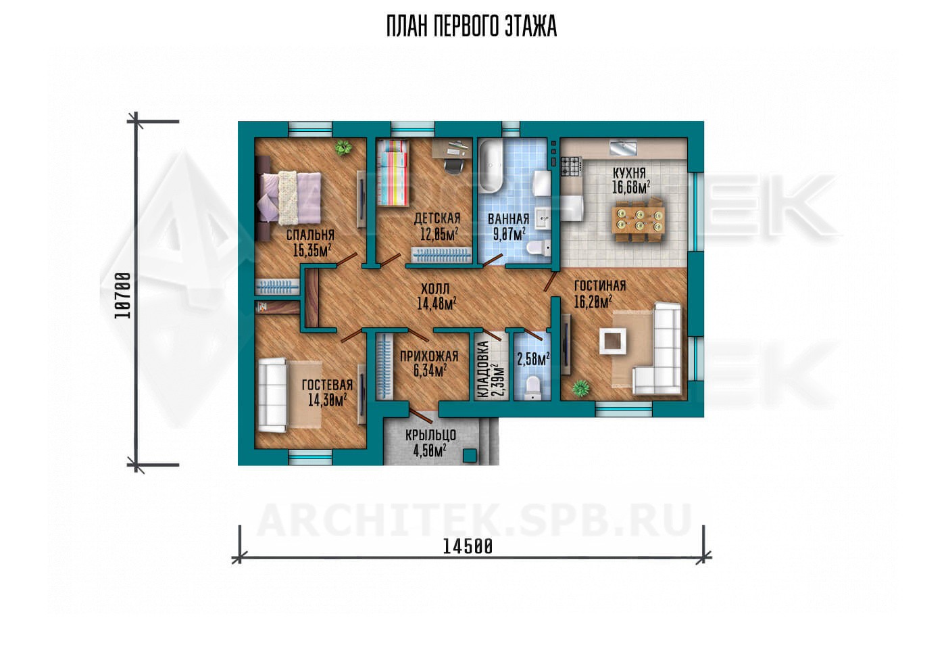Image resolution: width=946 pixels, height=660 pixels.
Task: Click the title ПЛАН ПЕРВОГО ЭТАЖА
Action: tap(472, 26)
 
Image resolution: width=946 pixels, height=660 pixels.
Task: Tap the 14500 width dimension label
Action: tap(468, 547)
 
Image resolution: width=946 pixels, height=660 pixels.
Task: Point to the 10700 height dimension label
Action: tap(123, 296)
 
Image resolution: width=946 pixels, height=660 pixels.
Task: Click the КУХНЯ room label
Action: tap(629, 173)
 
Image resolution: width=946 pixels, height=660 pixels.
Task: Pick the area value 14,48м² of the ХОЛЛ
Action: tap(437, 304)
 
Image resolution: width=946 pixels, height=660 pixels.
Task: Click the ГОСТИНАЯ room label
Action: tap(600, 286)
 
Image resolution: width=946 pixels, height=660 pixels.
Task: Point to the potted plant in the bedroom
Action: tap(343, 148)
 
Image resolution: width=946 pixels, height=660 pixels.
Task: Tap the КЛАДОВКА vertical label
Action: tap(482, 370)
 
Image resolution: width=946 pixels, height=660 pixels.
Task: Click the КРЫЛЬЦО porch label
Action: tap(430, 435)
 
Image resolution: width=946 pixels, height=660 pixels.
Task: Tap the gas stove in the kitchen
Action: tap(572, 166)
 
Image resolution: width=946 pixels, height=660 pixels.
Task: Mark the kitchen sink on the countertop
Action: tap(622, 148)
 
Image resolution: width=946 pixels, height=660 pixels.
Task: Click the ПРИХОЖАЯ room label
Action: tap(429, 356)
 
